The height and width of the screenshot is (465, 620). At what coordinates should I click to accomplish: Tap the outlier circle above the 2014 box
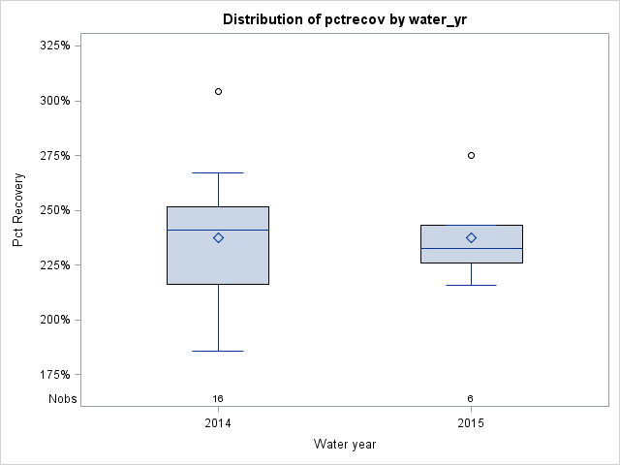(x=218, y=91)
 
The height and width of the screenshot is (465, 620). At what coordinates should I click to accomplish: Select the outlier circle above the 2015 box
(x=472, y=155)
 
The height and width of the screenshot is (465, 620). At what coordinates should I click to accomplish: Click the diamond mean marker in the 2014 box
(x=218, y=237)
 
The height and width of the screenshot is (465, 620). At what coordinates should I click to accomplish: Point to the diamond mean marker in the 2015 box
(x=472, y=237)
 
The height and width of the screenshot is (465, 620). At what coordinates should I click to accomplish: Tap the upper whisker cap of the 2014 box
(x=218, y=172)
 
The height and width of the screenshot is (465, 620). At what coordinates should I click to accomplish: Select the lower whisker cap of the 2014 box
(x=218, y=351)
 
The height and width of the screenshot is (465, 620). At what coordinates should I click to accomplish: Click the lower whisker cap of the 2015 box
(x=472, y=285)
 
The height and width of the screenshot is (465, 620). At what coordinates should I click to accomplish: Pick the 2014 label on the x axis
(x=218, y=423)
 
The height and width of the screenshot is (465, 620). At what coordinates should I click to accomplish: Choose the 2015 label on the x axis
(x=472, y=423)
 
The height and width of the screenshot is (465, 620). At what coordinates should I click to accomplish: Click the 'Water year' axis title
(x=345, y=444)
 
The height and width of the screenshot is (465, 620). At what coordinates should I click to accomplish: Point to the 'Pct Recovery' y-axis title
(x=18, y=210)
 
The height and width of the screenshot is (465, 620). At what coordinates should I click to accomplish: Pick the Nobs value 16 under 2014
(x=218, y=398)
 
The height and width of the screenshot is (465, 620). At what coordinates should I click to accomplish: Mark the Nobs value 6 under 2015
(x=471, y=398)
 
